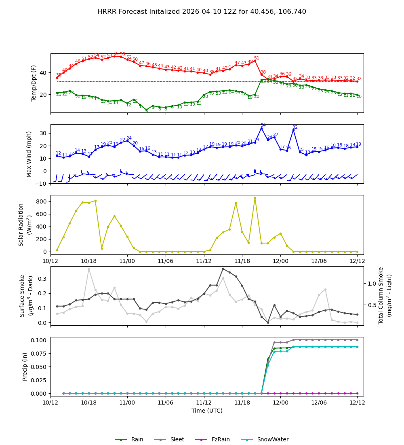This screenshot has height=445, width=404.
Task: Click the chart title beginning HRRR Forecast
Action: pos(202,12)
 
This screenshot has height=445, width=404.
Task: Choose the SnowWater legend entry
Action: pos(273,439)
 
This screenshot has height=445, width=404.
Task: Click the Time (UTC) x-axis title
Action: pos(207,411)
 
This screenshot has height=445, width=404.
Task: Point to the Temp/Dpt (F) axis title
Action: pos(34,83)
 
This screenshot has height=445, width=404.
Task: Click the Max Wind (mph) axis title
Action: pos(29,154)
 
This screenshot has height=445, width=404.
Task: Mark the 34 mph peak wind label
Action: pos(263,125)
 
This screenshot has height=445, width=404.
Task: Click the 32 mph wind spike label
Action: pos(295,127)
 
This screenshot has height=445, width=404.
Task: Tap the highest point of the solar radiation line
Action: pos(255,198)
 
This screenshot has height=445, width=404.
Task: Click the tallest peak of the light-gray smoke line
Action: pos(89,269)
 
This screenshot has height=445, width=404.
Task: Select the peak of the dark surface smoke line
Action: pos(223,269)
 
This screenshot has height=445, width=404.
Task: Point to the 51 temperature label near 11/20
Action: pos(257,58)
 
